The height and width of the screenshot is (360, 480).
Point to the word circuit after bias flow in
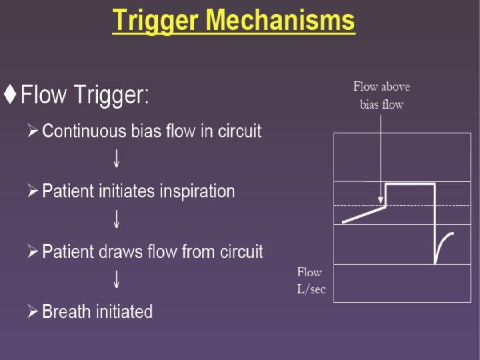[239, 131]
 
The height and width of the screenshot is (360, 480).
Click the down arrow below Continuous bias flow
[117, 159]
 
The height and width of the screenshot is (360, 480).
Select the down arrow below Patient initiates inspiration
[117, 219]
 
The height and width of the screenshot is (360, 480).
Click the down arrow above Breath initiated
[117, 279]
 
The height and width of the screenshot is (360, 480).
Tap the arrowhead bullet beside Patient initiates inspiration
[33, 192]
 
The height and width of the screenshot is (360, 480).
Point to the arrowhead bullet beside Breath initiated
[33, 312]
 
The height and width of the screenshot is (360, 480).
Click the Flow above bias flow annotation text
[381, 95]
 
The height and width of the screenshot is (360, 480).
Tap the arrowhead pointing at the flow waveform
[381, 199]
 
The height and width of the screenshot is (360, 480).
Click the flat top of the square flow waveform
[410, 183]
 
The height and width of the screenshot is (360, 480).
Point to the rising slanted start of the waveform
[363, 215]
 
